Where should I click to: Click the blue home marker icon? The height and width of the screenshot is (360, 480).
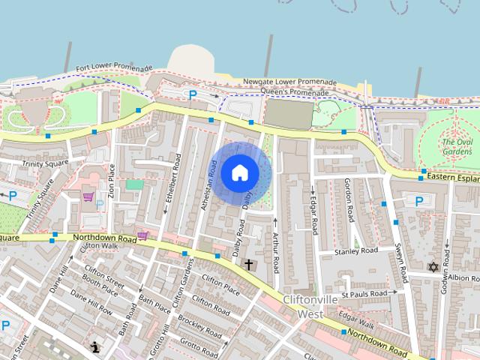click(x=239, y=172)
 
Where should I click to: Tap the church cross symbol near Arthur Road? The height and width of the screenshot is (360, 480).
click(x=248, y=264)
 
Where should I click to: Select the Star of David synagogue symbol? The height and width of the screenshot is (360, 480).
click(x=433, y=266)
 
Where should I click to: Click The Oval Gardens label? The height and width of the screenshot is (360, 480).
click(x=457, y=145)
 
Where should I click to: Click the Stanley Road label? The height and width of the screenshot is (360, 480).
click(x=356, y=251)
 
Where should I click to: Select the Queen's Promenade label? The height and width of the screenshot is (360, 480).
click(x=289, y=91)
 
